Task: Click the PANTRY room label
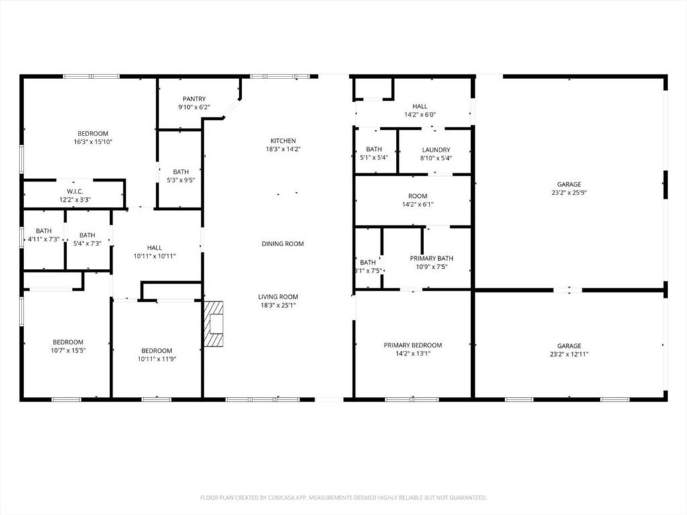pos(194,99)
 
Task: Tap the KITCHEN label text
pos(283,141)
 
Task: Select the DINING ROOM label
pos(282,243)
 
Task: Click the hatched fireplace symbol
pos(213,323)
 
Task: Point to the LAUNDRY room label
pos(435,150)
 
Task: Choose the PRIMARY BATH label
pos(431,258)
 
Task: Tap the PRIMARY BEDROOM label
pos(413,345)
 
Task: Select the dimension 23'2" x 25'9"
pos(569,193)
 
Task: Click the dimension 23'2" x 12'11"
pos(569,355)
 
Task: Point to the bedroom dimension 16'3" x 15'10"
pos(92,142)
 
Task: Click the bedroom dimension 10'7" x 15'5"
pos(68,350)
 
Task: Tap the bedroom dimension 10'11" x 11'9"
pos(156,359)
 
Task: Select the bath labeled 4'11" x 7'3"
pos(44,239)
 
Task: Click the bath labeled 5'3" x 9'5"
pos(180,180)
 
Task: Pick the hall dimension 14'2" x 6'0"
pos(419,115)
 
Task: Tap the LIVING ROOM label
pos(278,296)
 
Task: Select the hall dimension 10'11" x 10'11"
pos(154,256)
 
